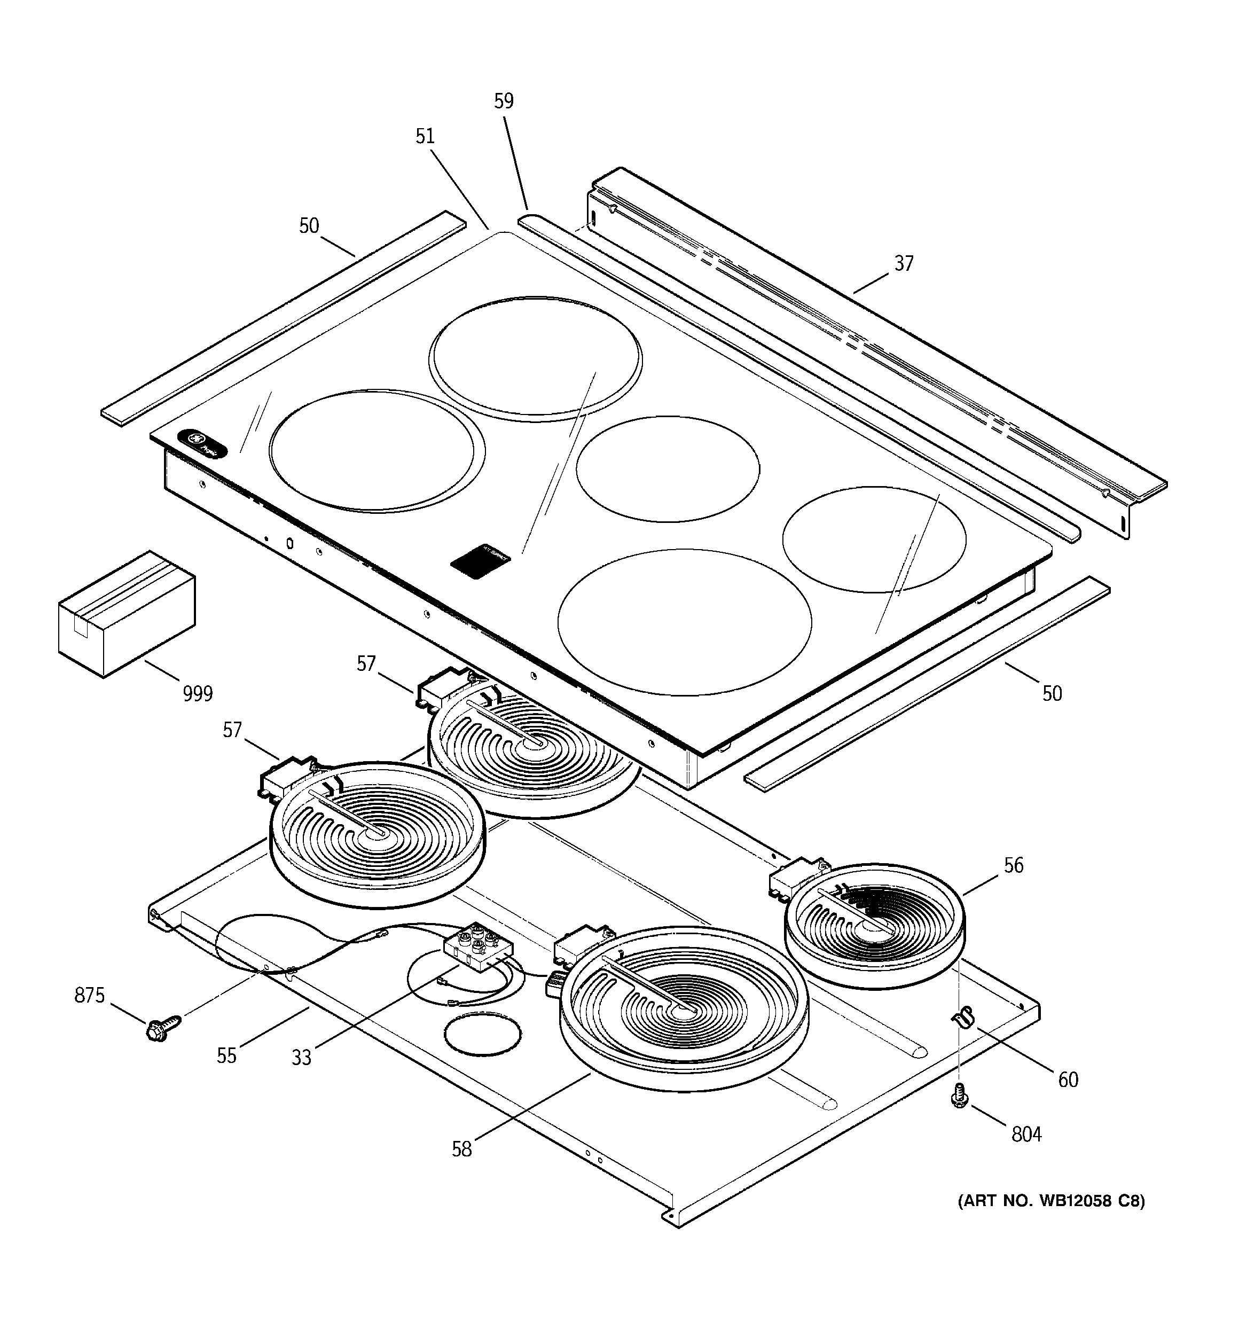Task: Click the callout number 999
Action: pos(198,694)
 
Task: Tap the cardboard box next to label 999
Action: pos(127,614)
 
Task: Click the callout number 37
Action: pos(903,264)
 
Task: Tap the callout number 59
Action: pos(504,101)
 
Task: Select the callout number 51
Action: pos(425,136)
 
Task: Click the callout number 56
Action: pos(1013,865)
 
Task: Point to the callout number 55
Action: pos(226,1056)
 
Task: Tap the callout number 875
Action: pos(89,996)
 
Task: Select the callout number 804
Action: pos(1026,1134)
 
